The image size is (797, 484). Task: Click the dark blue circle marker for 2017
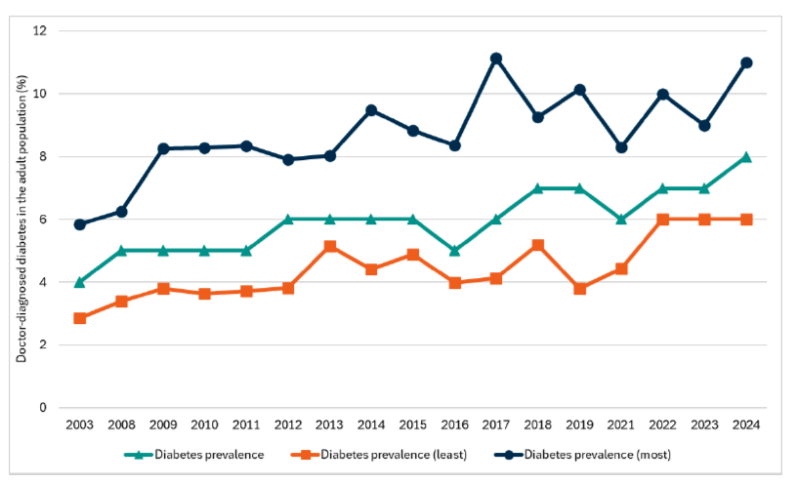pos(496,59)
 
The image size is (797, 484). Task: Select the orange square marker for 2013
pos(330,246)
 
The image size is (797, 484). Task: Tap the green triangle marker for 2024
pos(746,156)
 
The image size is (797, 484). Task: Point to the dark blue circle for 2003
pos(80,224)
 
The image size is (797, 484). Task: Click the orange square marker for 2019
pos(579,289)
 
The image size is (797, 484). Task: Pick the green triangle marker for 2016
pos(454,251)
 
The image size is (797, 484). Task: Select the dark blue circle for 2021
pos(621,147)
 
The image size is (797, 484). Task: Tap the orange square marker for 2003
pos(80,318)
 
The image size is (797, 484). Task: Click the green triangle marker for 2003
pos(80,282)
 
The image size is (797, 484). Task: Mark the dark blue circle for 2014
pos(371,110)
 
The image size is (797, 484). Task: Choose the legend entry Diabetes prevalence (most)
pos(586,454)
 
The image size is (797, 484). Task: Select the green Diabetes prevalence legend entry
pos(195,454)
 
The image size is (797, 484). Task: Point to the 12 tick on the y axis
pos(40,31)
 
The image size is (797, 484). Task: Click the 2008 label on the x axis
pos(122,425)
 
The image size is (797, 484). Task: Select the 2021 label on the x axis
pos(621,425)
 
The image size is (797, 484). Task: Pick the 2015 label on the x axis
pos(413,425)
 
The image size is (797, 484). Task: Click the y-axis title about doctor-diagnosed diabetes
pos(20,220)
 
